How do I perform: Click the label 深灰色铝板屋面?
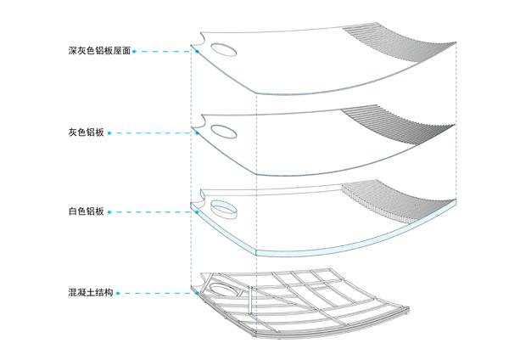pos(99,52)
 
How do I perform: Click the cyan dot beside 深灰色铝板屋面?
pos(136,52)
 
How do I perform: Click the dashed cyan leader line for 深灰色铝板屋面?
pos(165,52)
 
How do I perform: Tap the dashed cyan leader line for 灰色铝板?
pos(153,133)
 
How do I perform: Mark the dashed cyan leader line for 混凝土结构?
pos(157,293)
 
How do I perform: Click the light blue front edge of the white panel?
pos(339,246)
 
